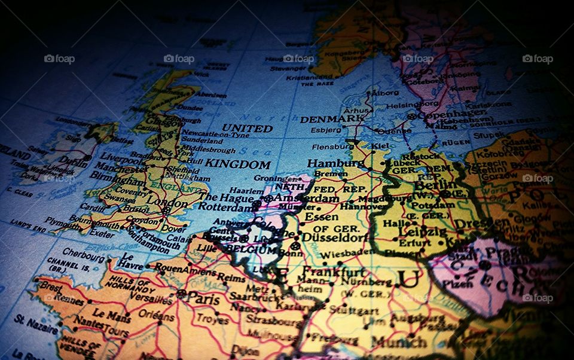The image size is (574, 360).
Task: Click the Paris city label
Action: (x=203, y=297)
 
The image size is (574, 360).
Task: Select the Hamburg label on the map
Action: (x=328, y=163)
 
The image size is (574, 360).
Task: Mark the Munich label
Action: (x=399, y=341)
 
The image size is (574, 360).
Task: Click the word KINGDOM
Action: (x=238, y=164)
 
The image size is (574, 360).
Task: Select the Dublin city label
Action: (x=73, y=161)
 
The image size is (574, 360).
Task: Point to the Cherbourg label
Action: (x=83, y=254)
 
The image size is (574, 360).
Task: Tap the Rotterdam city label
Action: (x=226, y=207)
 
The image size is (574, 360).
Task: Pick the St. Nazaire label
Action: (x=36, y=324)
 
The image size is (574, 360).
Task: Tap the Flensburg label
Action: (x=332, y=146)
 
